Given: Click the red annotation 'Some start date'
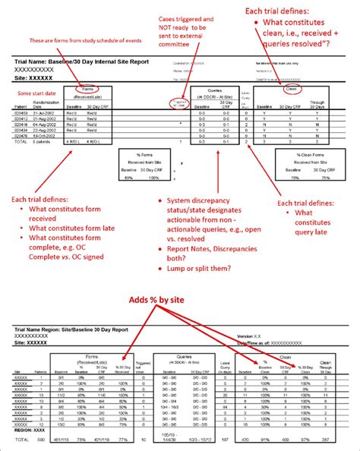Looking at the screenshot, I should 29,94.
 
